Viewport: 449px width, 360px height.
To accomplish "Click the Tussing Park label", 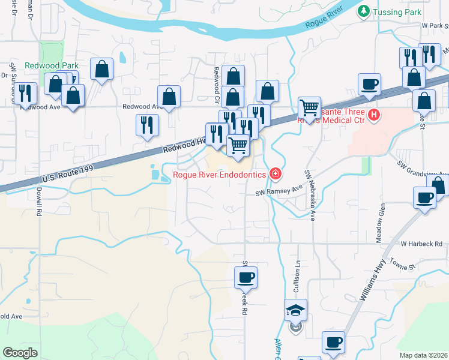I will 397,12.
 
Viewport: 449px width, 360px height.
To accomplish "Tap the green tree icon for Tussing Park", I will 363,11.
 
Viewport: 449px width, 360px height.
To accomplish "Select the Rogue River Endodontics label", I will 220,175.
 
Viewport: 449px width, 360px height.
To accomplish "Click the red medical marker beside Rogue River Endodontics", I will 276,174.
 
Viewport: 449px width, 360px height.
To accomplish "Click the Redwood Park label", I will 43,65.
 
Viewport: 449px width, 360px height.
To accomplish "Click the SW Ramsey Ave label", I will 279,191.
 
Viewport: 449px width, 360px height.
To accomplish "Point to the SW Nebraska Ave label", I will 310,194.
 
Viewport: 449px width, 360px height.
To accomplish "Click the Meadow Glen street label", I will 381,223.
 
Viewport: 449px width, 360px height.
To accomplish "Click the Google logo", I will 20,353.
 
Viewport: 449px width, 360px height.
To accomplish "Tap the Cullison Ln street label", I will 297,277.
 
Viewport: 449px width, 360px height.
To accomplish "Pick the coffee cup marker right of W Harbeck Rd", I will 425,199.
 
